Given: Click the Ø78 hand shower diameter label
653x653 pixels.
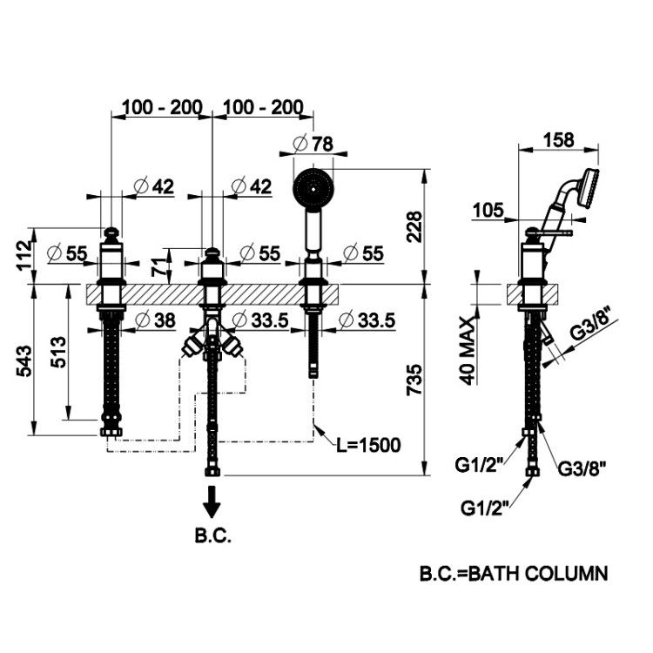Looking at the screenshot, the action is (313, 144).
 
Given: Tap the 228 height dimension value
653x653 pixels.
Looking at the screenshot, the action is (414, 227).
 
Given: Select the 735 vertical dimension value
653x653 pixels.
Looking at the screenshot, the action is (414, 380).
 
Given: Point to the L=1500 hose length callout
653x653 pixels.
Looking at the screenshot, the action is (369, 445).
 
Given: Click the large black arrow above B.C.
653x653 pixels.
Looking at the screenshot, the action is (212, 502).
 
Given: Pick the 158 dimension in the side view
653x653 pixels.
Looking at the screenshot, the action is (558, 139).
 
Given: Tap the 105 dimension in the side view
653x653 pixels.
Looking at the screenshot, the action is (488, 211).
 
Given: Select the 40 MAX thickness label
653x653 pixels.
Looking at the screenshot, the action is (468, 351).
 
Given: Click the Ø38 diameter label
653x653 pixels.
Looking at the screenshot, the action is (155, 320).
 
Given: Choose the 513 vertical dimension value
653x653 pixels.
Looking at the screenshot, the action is (58, 352).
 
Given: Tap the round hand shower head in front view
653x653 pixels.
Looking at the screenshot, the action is (313, 188).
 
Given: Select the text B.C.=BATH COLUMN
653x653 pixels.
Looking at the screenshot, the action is (514, 574).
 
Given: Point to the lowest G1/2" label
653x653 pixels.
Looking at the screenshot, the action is (485, 508).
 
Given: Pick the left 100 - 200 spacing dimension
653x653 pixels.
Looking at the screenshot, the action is (163, 107).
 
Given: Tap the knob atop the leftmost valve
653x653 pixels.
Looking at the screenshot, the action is (111, 235).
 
